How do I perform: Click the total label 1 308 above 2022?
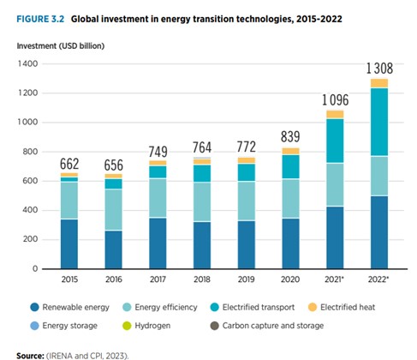click(x=379, y=69)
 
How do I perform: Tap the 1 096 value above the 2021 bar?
click(x=336, y=100)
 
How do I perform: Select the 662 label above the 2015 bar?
click(x=69, y=164)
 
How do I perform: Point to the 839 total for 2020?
click(x=290, y=136)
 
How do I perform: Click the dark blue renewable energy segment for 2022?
click(x=379, y=232)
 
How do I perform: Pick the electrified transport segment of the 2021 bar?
click(x=335, y=141)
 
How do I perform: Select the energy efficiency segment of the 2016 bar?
click(x=114, y=209)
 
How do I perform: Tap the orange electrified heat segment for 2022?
click(x=379, y=83)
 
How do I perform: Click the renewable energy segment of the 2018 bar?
click(x=202, y=245)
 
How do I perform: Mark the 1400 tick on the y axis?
click(x=27, y=63)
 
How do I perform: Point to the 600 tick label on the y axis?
click(x=30, y=181)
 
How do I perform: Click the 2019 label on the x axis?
click(x=247, y=279)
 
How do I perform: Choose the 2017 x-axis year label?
click(x=158, y=279)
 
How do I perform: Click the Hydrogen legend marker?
click(x=127, y=326)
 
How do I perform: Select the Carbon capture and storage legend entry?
click(x=267, y=326)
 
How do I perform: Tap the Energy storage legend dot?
click(x=34, y=326)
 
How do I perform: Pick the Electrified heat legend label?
click(x=348, y=308)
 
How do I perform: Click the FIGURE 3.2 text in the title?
click(x=40, y=19)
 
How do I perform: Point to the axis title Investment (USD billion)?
click(x=61, y=46)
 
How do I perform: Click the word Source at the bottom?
click(x=30, y=356)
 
